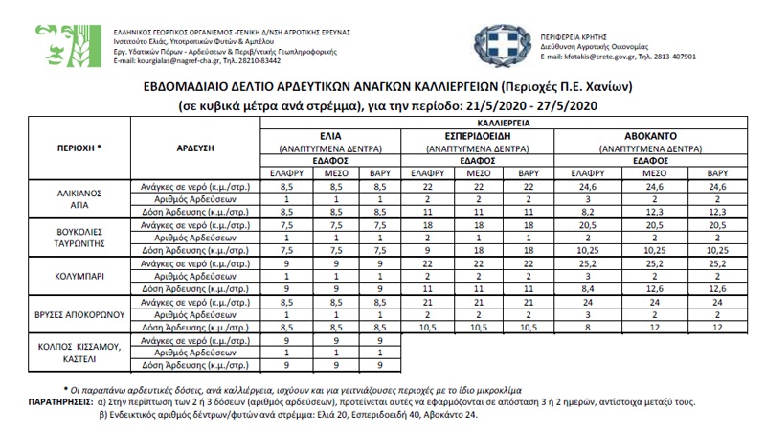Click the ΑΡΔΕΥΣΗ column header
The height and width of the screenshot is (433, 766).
coord(194,149)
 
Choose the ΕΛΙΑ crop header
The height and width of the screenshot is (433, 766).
coord(332,137)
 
